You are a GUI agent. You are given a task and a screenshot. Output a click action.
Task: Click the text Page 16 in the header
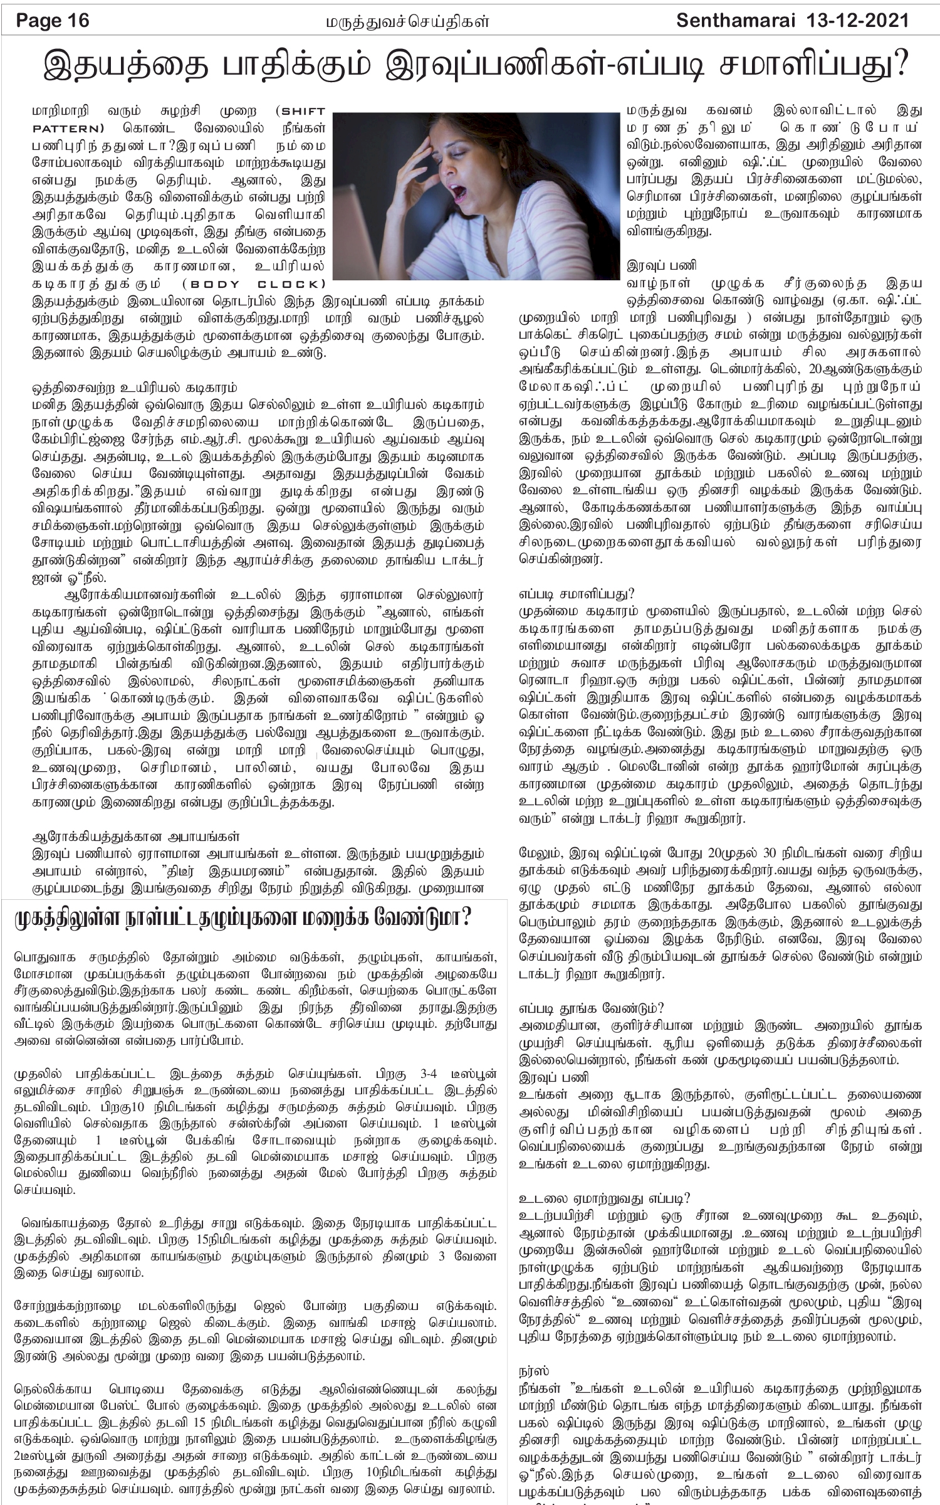(x=53, y=21)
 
